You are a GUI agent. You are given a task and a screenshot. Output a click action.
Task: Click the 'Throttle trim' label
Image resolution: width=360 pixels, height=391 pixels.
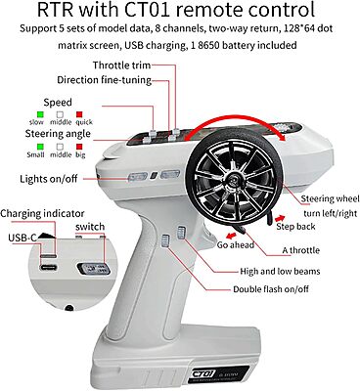[121, 65]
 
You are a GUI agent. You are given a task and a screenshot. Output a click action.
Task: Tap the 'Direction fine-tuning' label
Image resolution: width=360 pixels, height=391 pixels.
[105, 80]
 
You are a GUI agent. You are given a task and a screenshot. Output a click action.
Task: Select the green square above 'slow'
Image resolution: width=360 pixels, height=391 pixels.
[40, 114]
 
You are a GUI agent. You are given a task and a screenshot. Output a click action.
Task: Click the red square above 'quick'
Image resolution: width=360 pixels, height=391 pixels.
[79, 114]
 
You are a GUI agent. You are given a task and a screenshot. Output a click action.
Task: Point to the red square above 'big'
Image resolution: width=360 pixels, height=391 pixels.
[79, 147]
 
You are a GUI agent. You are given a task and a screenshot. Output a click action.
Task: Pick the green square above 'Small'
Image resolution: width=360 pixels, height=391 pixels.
[40, 147]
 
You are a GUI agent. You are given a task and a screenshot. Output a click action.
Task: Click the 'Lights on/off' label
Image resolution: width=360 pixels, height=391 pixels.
[49, 179]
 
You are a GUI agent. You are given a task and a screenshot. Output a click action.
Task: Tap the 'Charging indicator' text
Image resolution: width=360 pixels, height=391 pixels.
[42, 214]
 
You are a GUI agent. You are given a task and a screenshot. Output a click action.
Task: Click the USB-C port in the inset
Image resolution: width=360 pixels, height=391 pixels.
[49, 267]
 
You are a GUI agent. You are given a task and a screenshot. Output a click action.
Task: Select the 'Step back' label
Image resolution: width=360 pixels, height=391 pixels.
[295, 227]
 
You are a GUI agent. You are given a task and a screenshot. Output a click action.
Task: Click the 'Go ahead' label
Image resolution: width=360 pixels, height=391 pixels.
[236, 244]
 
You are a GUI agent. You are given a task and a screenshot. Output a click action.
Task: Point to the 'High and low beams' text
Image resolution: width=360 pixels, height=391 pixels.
[280, 271]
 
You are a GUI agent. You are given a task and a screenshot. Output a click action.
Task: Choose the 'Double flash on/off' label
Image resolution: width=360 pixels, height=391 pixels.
[271, 289]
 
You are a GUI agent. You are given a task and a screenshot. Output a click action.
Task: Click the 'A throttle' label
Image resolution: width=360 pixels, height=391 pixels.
[300, 250]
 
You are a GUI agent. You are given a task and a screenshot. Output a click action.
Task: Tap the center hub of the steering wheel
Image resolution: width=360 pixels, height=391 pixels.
[233, 180]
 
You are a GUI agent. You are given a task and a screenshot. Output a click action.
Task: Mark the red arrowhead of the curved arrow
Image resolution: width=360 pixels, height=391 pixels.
[282, 137]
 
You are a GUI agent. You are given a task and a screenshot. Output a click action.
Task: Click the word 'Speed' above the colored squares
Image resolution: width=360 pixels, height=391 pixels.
[58, 103]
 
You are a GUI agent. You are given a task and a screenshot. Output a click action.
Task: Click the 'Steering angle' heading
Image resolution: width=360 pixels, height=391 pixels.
[58, 134]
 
